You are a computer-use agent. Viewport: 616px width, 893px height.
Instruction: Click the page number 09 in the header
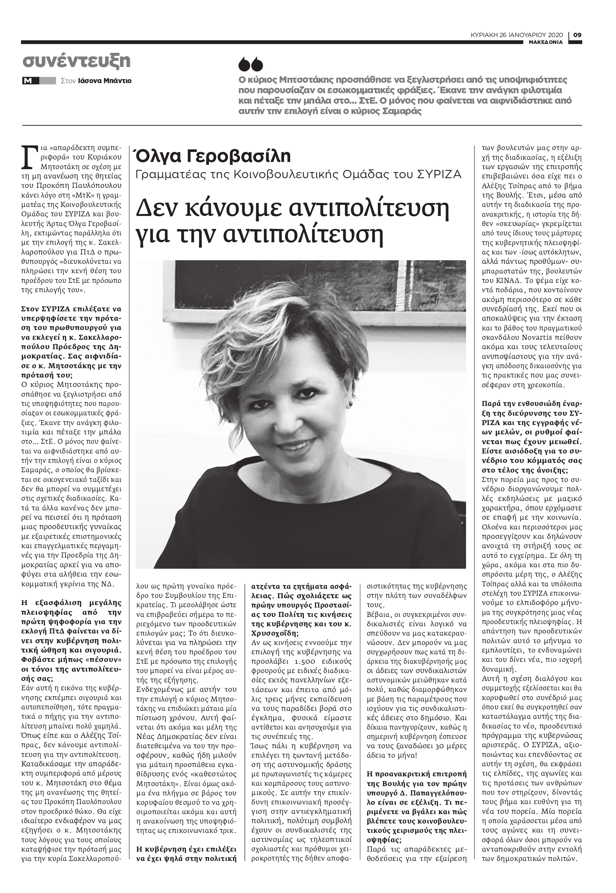tap(577, 35)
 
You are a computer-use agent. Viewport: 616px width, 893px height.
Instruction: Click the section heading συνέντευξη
tap(77, 61)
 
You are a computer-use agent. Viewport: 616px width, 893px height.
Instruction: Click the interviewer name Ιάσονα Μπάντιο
tap(105, 81)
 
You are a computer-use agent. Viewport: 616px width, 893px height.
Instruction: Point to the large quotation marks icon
tap(251, 65)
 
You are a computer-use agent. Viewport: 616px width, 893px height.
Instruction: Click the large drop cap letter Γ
tap(27, 157)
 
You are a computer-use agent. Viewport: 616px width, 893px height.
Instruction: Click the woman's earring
tap(351, 403)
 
